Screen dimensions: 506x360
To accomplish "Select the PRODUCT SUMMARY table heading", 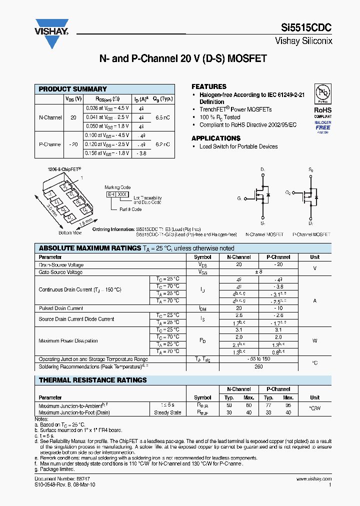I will (73, 89).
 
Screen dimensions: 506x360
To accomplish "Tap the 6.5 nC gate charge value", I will (162, 118).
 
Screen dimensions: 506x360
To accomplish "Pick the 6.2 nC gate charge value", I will (162, 144).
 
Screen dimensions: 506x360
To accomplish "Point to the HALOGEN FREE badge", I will (322, 125).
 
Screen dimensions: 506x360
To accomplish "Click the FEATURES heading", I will (209, 86).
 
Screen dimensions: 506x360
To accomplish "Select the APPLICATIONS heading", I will (216, 138).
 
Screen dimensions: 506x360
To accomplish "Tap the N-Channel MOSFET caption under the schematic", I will (264, 234).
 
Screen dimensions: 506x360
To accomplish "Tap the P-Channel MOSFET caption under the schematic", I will (311, 234).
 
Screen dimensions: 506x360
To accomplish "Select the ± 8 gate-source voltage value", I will (258, 272).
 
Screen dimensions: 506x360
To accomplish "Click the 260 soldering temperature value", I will (258, 366).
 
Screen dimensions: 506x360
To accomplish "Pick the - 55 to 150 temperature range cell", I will (258, 359).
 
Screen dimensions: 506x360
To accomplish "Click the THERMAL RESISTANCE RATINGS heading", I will (92, 380).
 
